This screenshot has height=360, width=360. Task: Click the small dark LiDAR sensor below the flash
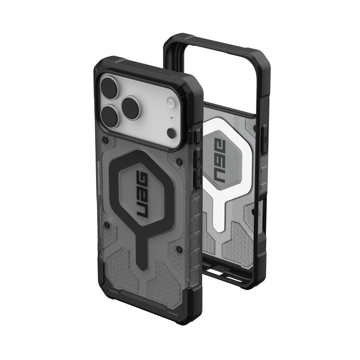[171, 133]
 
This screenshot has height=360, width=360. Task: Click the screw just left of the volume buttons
[178, 161]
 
